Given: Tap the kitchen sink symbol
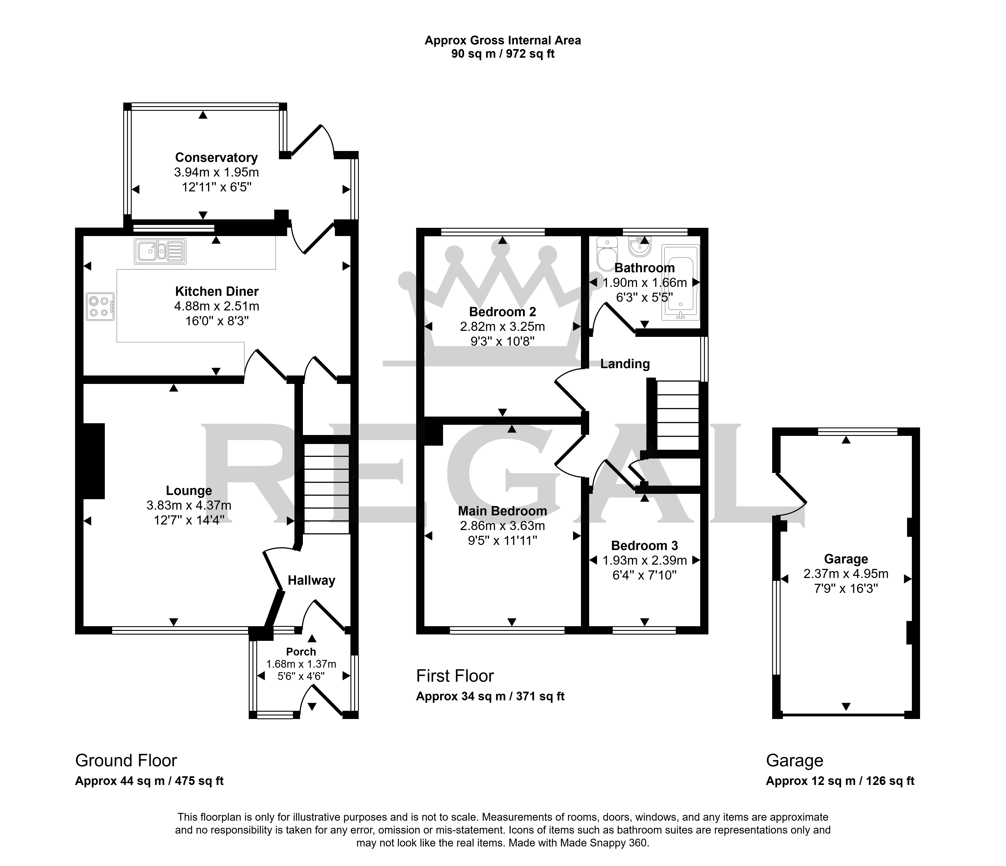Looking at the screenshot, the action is tap(160, 251).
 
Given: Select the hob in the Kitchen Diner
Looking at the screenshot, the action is tap(101, 307).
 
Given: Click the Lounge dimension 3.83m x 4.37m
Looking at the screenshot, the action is tap(189, 505).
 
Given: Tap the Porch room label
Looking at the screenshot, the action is tap(301, 652).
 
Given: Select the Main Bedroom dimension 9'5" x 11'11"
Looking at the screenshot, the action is tap(503, 540).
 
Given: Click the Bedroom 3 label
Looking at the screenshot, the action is tap(644, 546).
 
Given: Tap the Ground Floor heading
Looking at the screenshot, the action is tap(126, 760).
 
